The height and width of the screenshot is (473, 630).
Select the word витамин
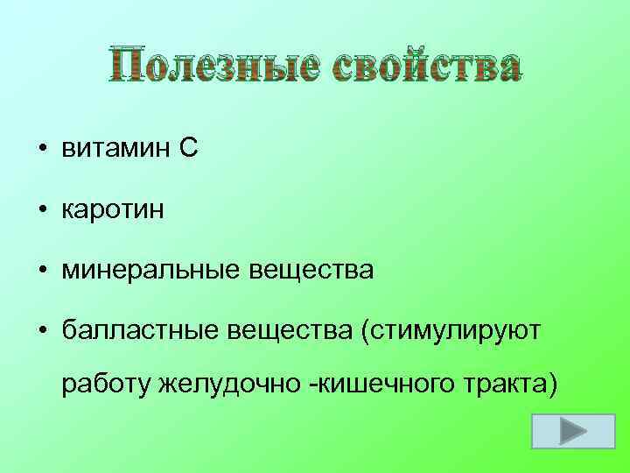(113, 150)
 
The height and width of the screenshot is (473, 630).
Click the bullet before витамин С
(41, 151)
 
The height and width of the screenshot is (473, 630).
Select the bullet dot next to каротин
(41, 211)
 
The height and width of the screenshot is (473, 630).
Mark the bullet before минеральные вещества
(41, 272)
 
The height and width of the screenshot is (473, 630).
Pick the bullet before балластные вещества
(41, 332)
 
